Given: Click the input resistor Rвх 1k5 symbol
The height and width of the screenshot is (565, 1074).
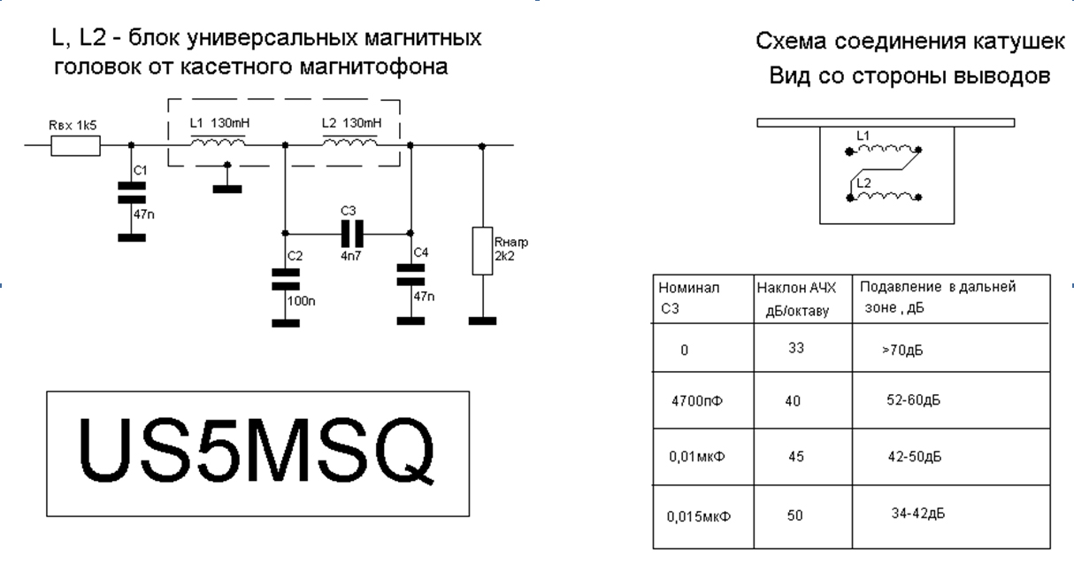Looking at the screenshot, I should pyautogui.click(x=76, y=146).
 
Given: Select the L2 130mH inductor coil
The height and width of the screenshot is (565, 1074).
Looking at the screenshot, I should pyautogui.click(x=349, y=143).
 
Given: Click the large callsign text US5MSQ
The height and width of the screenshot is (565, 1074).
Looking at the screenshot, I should pyautogui.click(x=257, y=453).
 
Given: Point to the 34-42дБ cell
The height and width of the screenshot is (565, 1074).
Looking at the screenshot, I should pyautogui.click(x=915, y=513).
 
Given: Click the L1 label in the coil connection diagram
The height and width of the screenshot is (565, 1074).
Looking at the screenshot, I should pyautogui.click(x=863, y=135).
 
